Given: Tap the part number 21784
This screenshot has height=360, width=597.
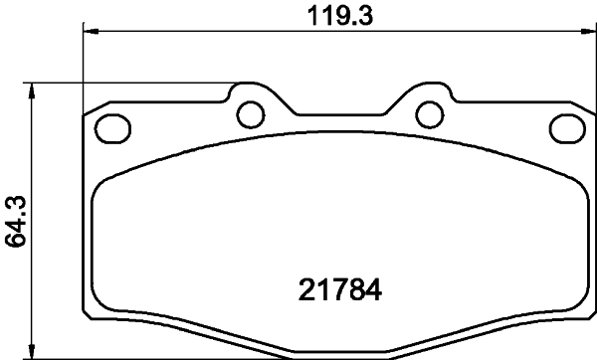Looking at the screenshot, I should [x=341, y=291].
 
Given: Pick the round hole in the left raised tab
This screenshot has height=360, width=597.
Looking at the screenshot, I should [x=249, y=113].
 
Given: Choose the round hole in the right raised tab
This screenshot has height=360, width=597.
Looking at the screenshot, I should [x=429, y=113].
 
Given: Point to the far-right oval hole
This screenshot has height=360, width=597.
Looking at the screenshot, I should [x=566, y=127].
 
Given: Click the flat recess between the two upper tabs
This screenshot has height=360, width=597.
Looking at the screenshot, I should [x=338, y=111].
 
